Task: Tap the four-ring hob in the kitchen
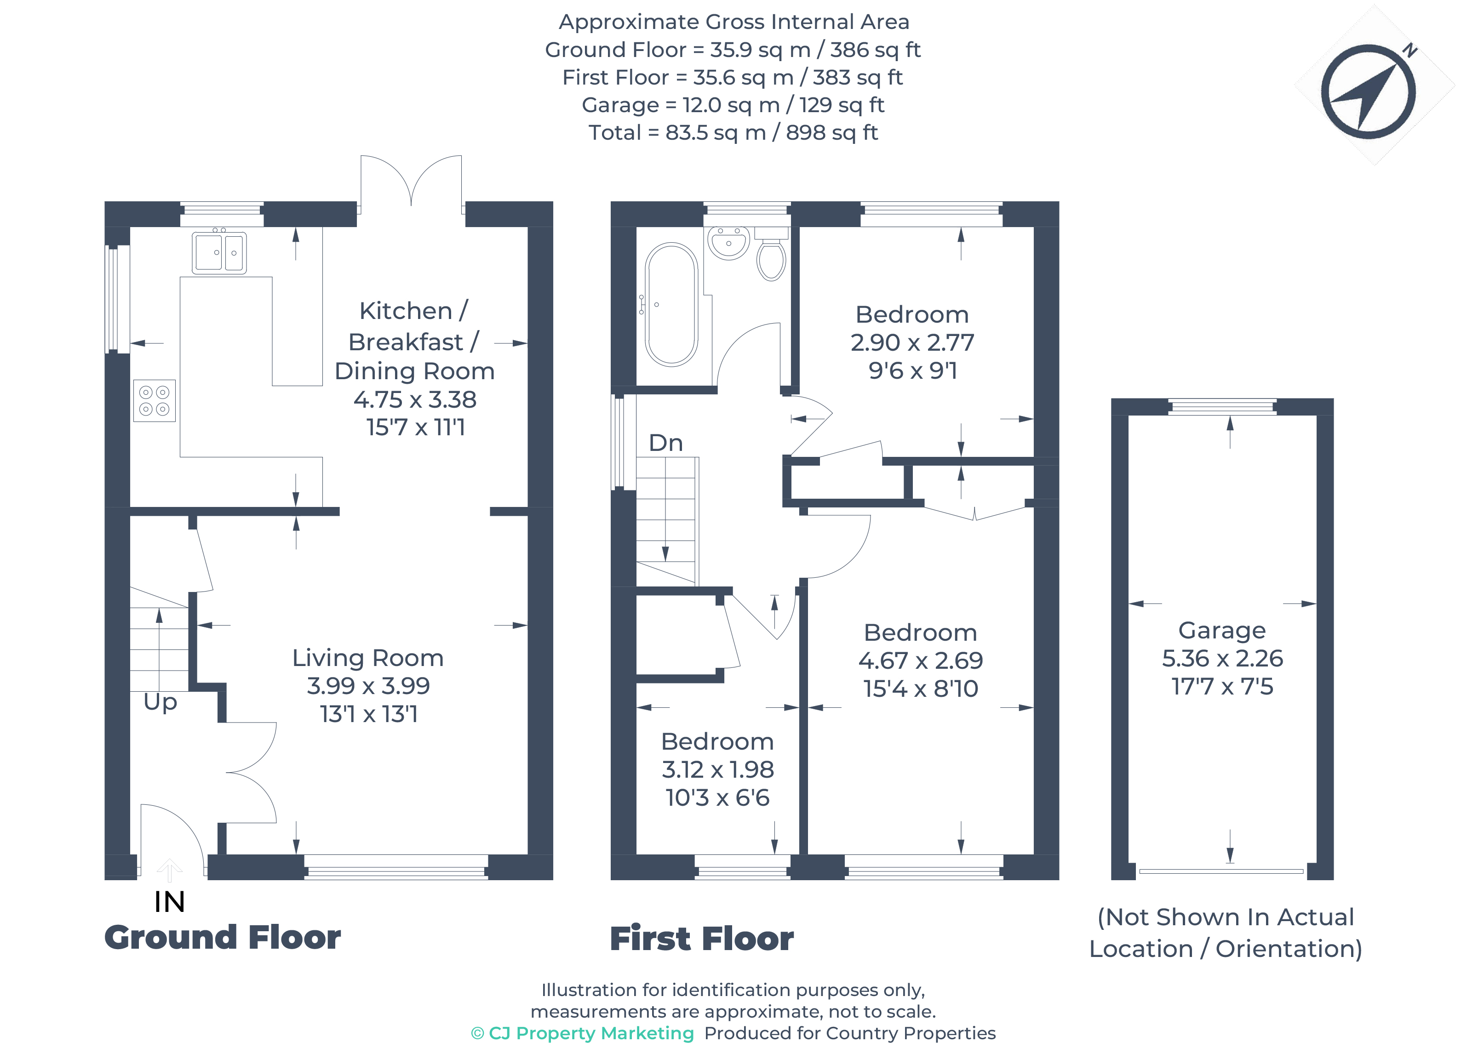pyautogui.click(x=154, y=400)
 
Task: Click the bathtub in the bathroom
pyautogui.click(x=671, y=304)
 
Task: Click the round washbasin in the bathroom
pyautogui.click(x=729, y=242)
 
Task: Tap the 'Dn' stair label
pyautogui.click(x=665, y=443)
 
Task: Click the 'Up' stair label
pyautogui.click(x=160, y=701)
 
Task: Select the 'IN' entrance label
pyautogui.click(x=170, y=902)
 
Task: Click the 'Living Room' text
pyautogui.click(x=367, y=658)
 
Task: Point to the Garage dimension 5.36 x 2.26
pyautogui.click(x=1222, y=658)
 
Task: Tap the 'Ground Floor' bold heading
pyautogui.click(x=223, y=938)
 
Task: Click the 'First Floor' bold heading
pyautogui.click(x=701, y=939)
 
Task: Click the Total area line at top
pyautogui.click(x=733, y=132)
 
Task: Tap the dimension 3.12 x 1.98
pyautogui.click(x=717, y=769)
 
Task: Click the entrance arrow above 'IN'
pyautogui.click(x=170, y=870)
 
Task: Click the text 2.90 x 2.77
pyautogui.click(x=912, y=342)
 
